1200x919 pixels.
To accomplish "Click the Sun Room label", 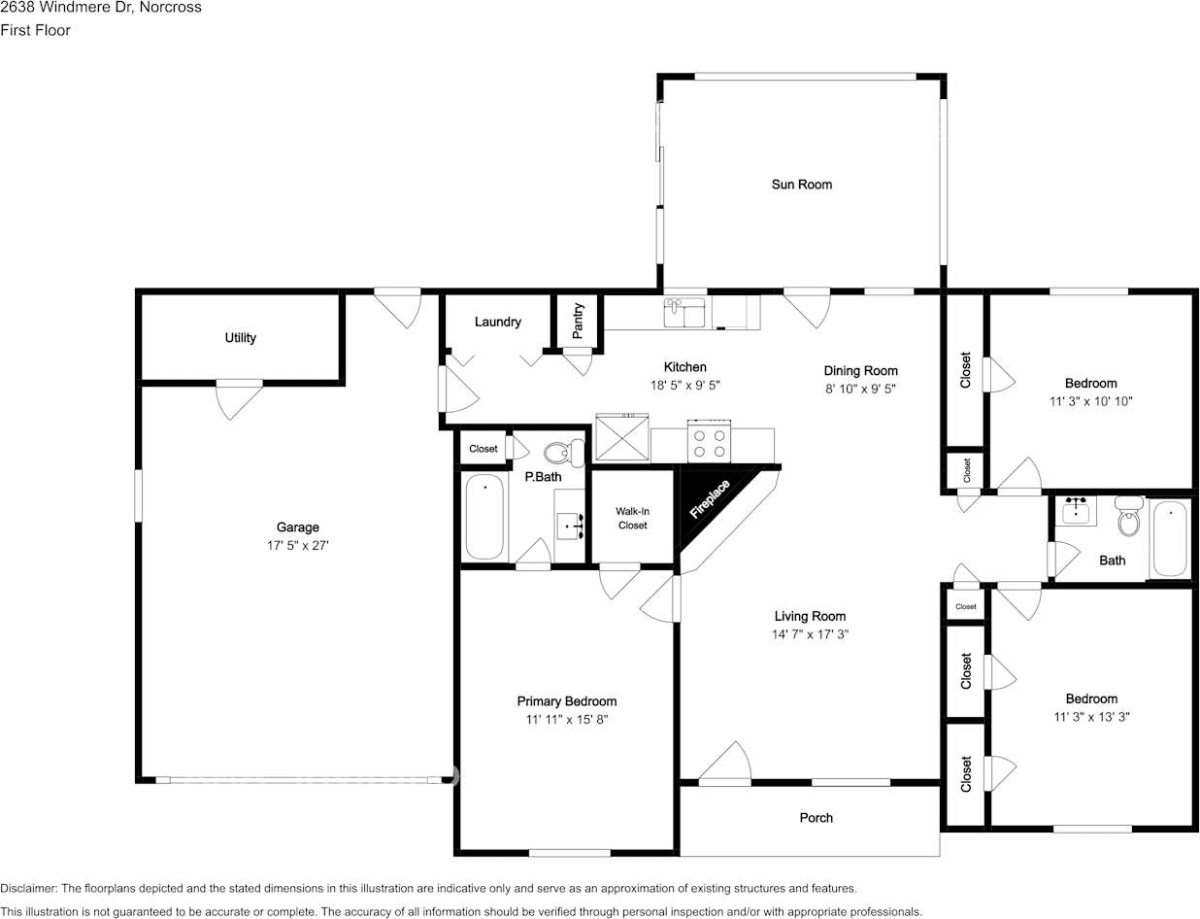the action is (x=802, y=185).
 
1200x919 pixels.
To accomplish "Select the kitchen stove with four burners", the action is (x=709, y=440).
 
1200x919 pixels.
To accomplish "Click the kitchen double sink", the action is (x=683, y=313).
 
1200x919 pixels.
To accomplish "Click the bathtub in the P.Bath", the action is (x=484, y=517).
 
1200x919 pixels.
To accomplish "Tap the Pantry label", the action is (x=578, y=321).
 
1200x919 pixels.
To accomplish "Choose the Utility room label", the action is (x=241, y=337).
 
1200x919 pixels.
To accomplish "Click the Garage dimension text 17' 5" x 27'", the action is (x=297, y=545).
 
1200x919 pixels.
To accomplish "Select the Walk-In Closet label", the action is (x=633, y=518).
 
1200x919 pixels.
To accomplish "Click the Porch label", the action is (x=817, y=818).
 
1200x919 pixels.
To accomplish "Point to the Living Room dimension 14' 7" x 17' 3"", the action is (x=810, y=634).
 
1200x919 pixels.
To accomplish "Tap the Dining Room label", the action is (x=860, y=371).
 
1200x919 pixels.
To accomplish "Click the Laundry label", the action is (x=497, y=322).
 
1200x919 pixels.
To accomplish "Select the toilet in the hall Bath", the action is (x=1128, y=517).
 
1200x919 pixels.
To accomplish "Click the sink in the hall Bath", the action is (x=1076, y=511).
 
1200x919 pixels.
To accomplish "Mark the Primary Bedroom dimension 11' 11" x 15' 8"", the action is (x=567, y=719).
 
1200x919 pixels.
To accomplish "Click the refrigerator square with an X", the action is (x=622, y=437).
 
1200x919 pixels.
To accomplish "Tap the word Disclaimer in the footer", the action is (x=28, y=888).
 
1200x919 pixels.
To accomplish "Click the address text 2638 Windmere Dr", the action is (x=63, y=7).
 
